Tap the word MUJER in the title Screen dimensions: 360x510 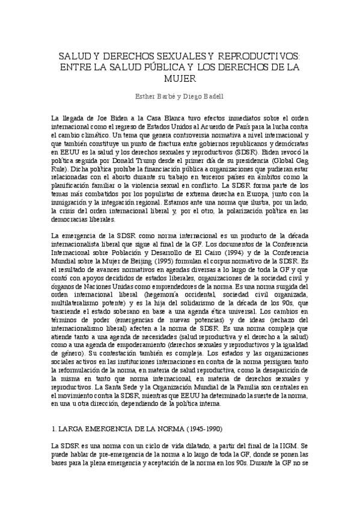[x=180, y=78]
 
